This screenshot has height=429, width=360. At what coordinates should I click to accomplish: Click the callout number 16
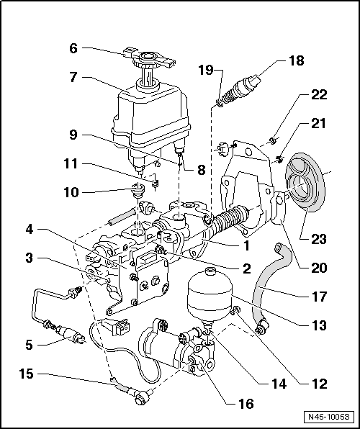coord(246,404)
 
